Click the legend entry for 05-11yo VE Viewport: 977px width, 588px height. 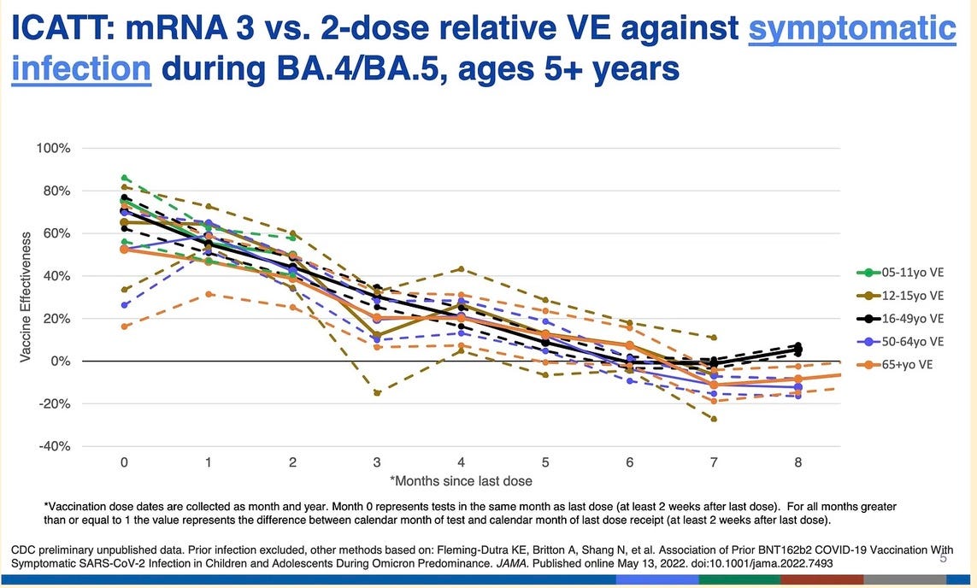899,273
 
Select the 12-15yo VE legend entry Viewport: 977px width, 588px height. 899,296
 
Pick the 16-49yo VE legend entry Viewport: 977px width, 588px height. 899,319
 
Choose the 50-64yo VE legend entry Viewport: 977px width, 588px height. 899,342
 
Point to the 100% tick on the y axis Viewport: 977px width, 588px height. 53,149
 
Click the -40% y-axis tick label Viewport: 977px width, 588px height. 53,446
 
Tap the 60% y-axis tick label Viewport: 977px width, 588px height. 56,233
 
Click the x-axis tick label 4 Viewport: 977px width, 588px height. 461,462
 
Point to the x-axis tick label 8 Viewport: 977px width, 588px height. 797,462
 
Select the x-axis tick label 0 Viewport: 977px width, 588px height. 125,462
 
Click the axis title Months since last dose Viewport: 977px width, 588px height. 462,481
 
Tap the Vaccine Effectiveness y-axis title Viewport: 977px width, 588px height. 26,296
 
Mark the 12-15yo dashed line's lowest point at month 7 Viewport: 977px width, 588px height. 713,419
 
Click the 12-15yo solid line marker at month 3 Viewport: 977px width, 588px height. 377,335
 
